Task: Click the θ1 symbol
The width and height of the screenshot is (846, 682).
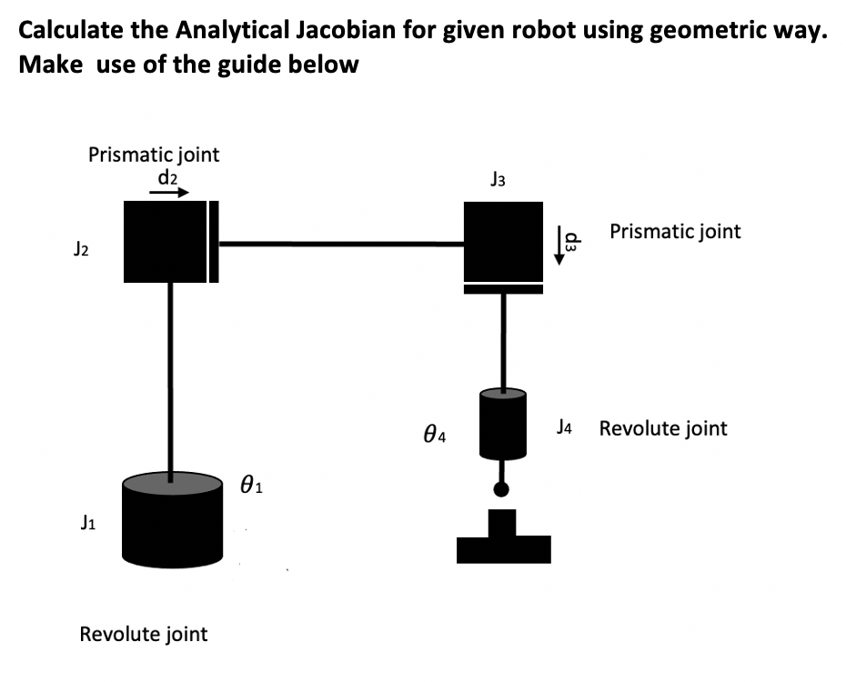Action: tap(252, 485)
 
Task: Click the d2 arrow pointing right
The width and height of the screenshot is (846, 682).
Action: tap(170, 192)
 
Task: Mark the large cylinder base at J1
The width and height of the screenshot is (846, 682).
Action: tap(173, 518)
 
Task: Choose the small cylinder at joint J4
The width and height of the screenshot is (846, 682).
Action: tap(502, 423)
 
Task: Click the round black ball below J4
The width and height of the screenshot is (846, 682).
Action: tap(501, 490)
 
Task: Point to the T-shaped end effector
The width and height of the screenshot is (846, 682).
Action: tap(503, 542)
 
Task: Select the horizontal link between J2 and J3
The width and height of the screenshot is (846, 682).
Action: tap(341, 243)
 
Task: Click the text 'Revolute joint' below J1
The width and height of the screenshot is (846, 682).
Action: tap(144, 634)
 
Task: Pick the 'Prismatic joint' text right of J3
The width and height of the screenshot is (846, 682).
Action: tap(675, 231)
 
